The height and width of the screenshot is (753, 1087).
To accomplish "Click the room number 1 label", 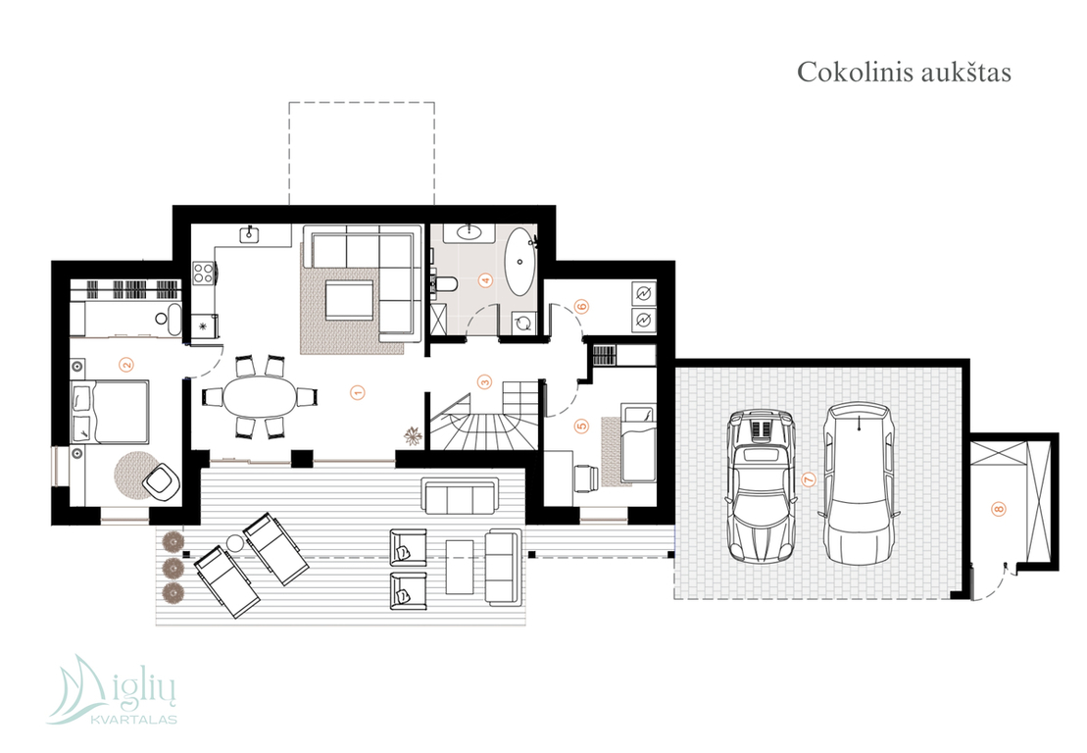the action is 358,392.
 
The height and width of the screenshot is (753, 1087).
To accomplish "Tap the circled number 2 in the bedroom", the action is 126,364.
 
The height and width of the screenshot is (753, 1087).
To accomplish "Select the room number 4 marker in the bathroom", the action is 485,280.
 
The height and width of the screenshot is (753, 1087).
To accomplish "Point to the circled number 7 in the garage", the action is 808,479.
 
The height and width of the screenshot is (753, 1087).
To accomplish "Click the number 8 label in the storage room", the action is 999,509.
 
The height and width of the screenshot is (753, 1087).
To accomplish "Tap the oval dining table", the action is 259,397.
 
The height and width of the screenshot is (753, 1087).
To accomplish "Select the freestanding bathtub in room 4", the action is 519,263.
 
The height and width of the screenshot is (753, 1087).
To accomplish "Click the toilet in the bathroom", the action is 444,283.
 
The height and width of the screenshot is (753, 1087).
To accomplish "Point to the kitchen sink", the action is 250,235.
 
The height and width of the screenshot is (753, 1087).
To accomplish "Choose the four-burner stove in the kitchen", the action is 203,272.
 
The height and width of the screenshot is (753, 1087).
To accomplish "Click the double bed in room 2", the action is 110,411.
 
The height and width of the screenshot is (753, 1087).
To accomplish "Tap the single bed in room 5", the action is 638,442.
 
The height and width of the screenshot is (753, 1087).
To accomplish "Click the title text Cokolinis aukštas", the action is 904,73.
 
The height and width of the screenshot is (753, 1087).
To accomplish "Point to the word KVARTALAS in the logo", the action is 134,720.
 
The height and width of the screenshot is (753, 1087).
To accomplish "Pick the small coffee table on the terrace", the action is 460,567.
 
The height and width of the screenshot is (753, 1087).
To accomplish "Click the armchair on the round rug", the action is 161,480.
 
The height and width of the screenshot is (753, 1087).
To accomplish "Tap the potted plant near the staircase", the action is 414,434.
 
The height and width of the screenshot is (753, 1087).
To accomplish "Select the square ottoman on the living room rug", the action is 349,300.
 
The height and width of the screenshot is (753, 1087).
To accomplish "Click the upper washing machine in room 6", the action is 643,293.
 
